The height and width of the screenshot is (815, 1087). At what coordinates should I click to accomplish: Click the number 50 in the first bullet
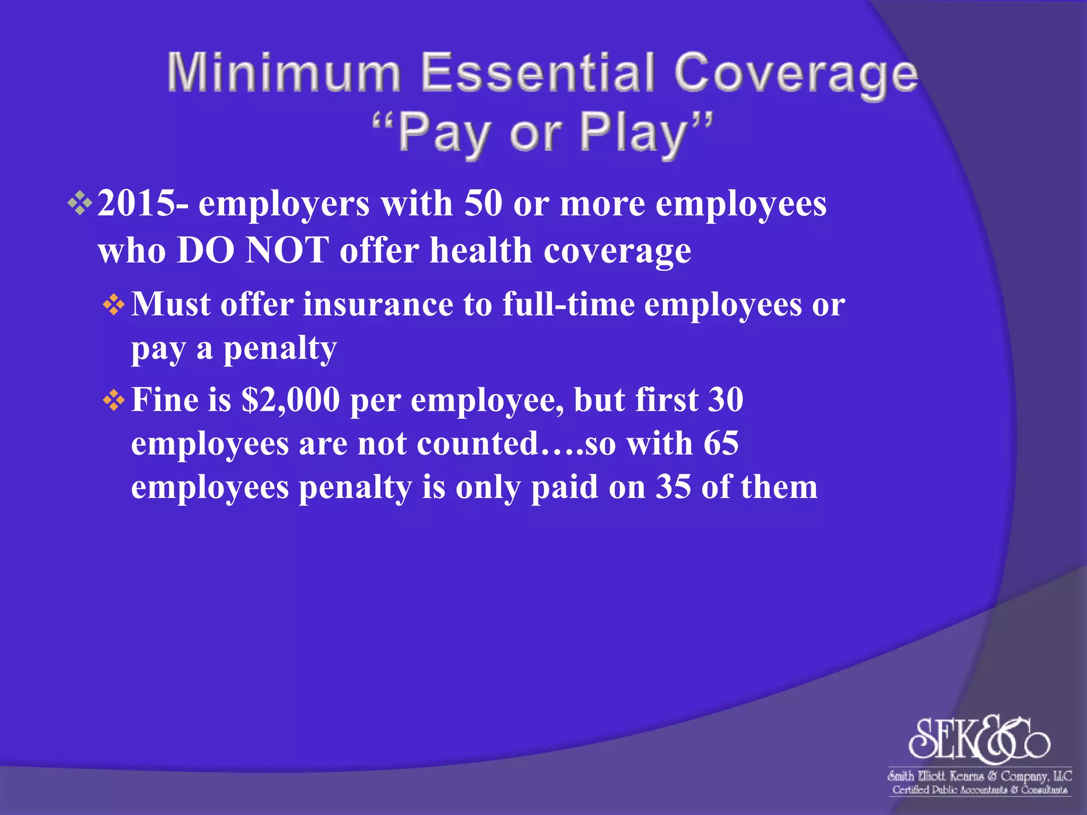click(482, 203)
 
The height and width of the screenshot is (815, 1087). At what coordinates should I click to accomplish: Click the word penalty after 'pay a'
click(280, 349)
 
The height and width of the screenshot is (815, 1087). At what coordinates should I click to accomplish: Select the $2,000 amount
click(290, 400)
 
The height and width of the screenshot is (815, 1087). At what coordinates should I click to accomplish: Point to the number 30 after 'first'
click(725, 400)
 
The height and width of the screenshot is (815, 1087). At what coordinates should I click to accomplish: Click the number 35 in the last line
click(673, 487)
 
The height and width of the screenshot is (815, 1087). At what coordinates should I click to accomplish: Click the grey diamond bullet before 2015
click(80, 204)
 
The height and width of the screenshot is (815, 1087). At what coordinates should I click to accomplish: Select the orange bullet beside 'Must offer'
click(114, 305)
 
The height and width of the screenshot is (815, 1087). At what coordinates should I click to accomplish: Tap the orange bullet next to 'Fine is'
click(114, 400)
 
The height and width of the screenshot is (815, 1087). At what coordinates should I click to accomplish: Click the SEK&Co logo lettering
click(979, 739)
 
